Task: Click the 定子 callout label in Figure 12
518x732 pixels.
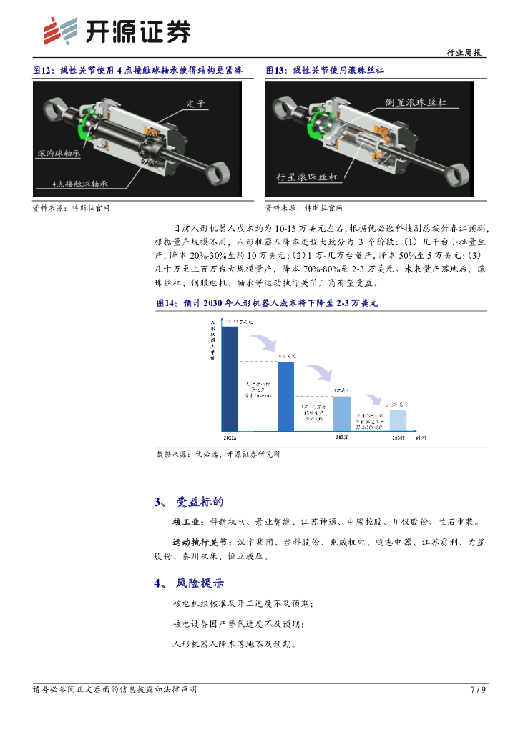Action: click(195, 104)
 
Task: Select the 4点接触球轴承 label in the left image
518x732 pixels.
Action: click(80, 184)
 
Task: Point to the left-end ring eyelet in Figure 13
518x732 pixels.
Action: click(285, 109)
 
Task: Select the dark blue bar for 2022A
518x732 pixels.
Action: click(229, 378)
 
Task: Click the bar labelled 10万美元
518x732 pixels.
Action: click(285, 396)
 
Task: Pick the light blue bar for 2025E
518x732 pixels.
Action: click(342, 413)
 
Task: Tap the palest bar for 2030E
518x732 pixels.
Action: click(398, 420)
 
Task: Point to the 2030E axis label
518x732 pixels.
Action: click(398, 437)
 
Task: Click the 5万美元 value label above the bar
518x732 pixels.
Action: click(342, 390)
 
